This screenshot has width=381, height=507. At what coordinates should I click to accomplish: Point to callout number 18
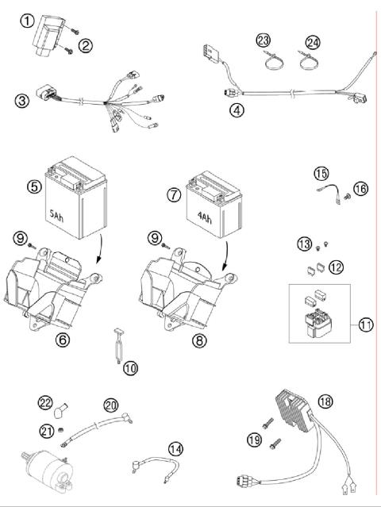coord(325,401)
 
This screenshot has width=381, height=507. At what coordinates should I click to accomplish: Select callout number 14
coord(175,449)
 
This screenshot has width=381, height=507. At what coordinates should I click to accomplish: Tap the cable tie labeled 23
coord(267,56)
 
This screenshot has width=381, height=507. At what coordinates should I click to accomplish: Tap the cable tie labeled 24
coord(306,56)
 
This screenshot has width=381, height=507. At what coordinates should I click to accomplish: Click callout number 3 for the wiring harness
coord(22,101)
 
